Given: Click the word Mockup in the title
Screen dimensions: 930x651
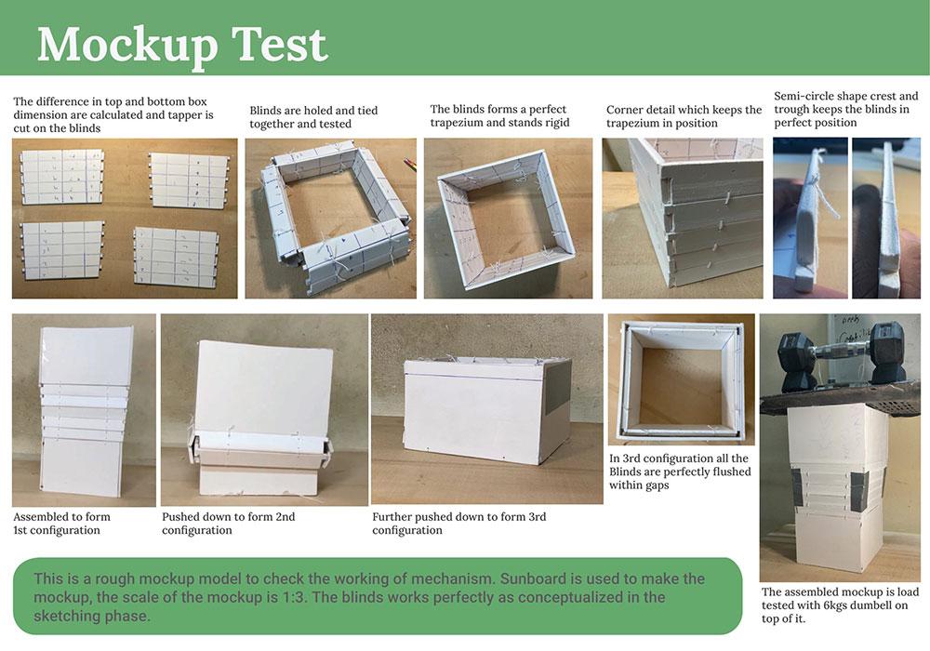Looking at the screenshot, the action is point(126,45).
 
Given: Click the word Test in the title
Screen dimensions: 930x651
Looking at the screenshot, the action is point(279,44).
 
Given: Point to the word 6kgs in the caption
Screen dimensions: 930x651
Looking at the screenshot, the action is point(831,605).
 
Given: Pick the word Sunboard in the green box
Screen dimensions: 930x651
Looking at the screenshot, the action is point(535,578).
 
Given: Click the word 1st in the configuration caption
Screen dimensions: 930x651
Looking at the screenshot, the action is point(20,530).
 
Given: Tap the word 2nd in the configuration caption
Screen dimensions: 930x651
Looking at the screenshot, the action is point(284,516).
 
